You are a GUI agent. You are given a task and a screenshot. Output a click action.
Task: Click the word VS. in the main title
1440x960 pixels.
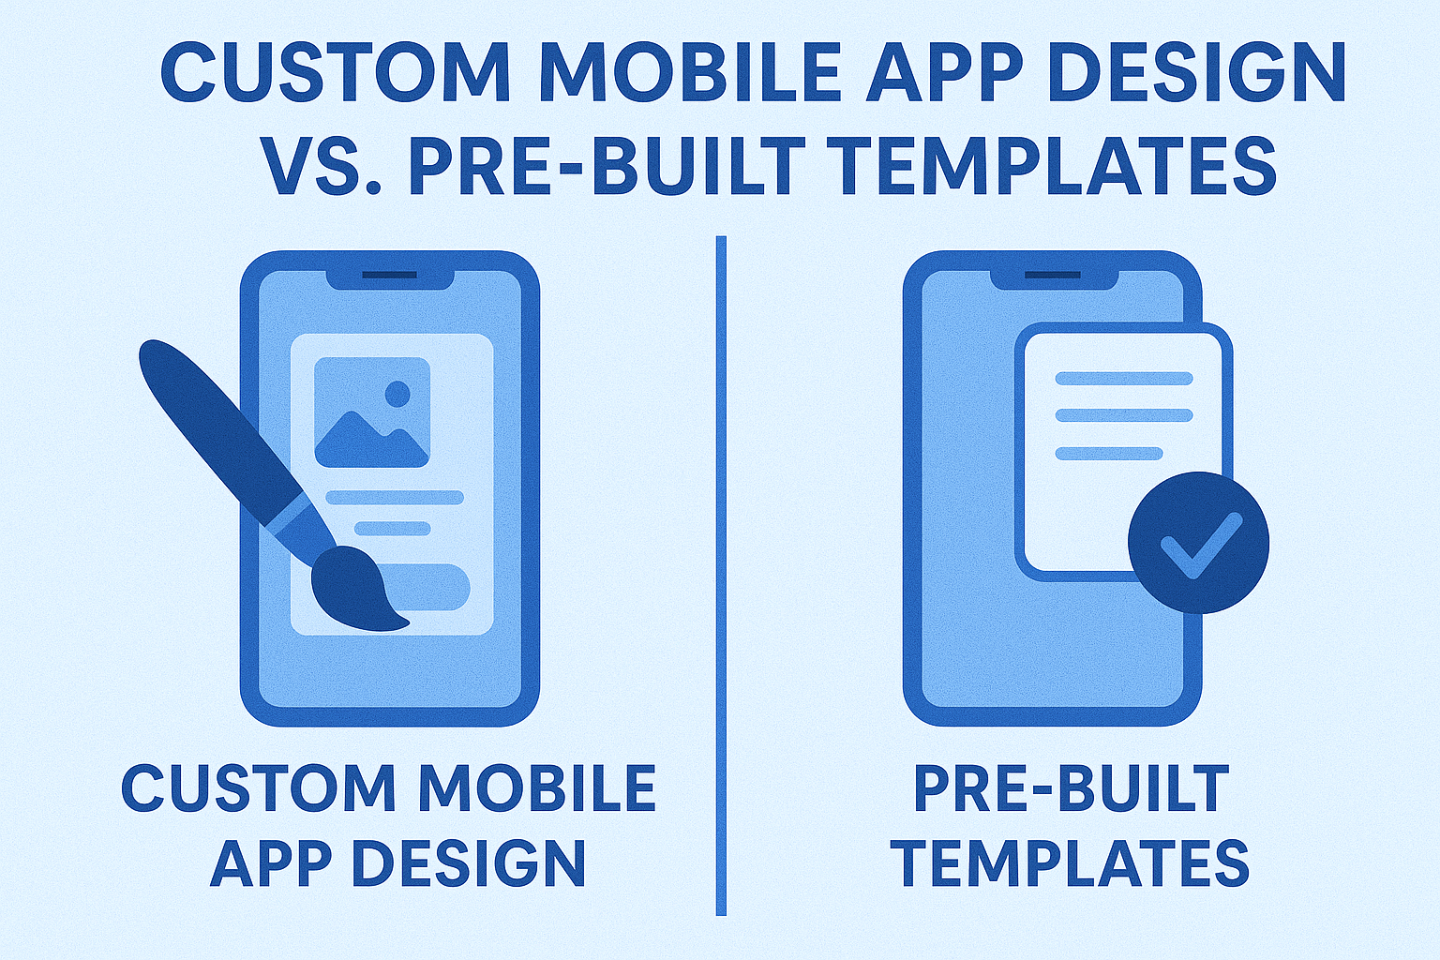coord(322,167)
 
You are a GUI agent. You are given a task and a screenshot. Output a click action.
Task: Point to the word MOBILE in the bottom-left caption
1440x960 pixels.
coord(539,788)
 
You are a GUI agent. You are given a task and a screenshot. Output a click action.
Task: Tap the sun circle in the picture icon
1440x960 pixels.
coord(397,394)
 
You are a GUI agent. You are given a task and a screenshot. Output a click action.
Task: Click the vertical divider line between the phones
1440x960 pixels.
coord(721,576)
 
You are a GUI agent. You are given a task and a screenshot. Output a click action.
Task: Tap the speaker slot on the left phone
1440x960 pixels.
coord(390,276)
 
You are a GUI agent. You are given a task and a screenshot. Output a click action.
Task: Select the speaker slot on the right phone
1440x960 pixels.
coord(1053,276)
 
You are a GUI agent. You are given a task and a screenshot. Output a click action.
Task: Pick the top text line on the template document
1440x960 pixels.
coord(1124,378)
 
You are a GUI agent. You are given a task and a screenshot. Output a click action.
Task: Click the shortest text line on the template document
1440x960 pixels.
coord(1110,454)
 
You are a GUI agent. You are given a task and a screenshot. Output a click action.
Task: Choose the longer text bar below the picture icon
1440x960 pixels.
coord(396,497)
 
